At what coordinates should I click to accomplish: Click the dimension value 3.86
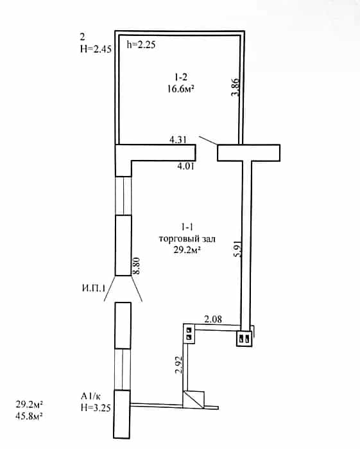(236, 87)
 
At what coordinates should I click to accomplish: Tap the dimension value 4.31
(178, 140)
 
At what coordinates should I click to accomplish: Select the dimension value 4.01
(185, 166)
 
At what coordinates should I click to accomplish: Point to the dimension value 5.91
(238, 249)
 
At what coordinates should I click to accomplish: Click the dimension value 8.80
(137, 266)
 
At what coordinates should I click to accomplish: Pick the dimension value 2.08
(213, 319)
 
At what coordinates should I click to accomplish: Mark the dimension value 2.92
(179, 365)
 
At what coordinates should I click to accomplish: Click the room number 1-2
(180, 76)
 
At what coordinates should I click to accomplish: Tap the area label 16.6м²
(180, 89)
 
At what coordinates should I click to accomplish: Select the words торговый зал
(187, 239)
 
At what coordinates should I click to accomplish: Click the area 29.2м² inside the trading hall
(187, 251)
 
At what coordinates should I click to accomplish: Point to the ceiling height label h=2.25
(141, 44)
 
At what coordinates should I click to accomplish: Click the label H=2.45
(96, 49)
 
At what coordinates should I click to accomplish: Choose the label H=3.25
(96, 407)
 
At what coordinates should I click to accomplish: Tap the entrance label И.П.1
(94, 288)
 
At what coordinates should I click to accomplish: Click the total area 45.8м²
(29, 416)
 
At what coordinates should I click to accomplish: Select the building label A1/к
(90, 396)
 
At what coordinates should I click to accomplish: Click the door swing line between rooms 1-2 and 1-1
(208, 140)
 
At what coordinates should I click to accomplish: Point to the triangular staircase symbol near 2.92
(193, 400)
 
